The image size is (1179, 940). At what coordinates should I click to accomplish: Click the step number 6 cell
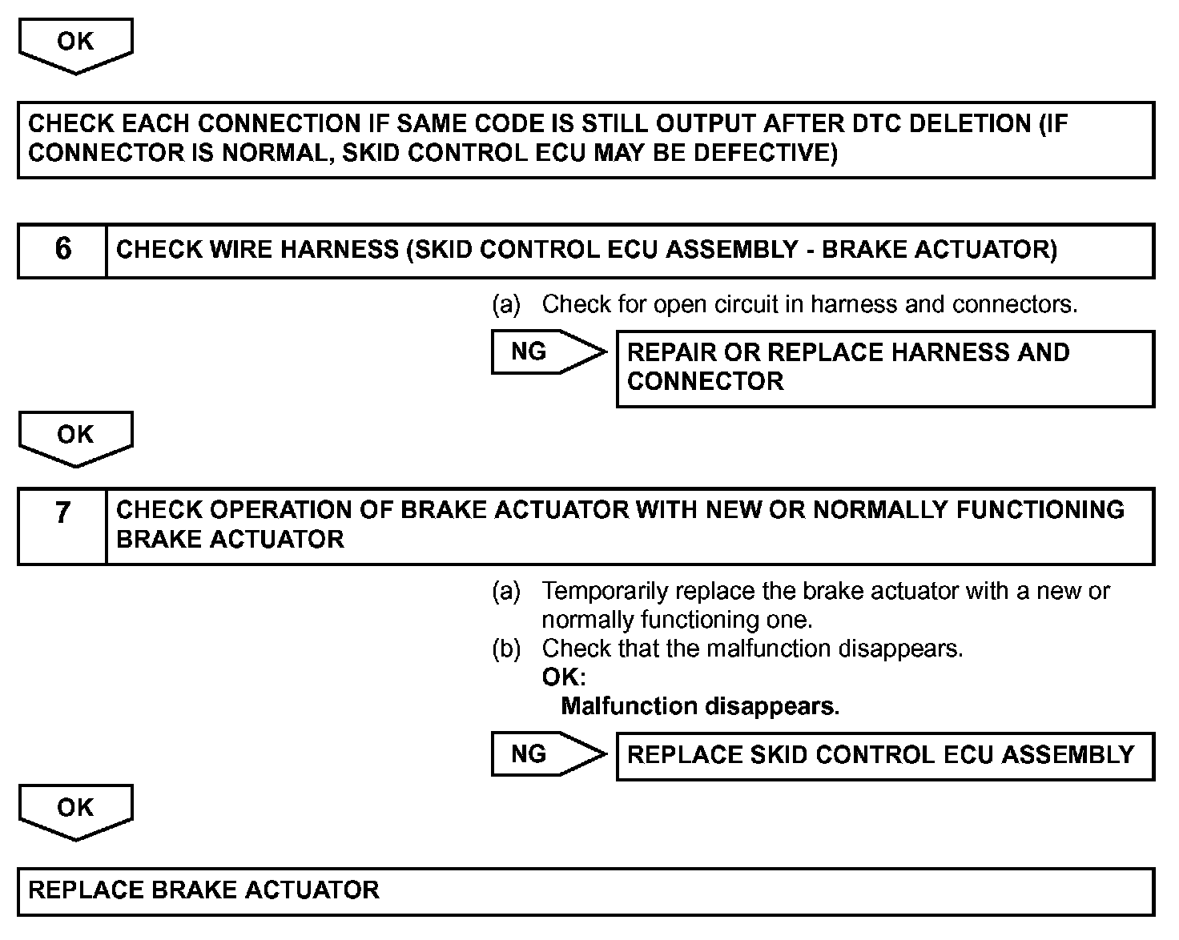(62, 250)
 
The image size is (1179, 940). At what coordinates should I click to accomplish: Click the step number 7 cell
(62, 525)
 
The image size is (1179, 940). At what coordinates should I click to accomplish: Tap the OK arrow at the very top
(75, 44)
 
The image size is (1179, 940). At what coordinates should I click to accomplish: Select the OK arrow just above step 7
(75, 437)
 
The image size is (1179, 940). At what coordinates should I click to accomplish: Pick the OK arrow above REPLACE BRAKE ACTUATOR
(75, 810)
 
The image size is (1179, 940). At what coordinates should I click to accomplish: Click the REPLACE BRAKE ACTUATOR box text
(203, 890)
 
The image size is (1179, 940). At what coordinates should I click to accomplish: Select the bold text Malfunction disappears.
(700, 706)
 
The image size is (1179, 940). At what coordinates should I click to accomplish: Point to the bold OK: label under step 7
(564, 677)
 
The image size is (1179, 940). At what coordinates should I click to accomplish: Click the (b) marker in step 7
(506, 649)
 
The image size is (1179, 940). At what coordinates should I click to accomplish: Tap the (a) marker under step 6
(506, 304)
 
